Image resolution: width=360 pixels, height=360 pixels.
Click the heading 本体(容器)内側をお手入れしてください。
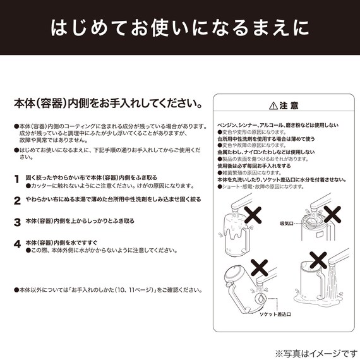coord(108,102)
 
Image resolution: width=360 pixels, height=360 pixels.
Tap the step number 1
coord(17,179)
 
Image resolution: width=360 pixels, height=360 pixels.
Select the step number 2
coord(17,201)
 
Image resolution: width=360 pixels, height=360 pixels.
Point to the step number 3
coord(17,222)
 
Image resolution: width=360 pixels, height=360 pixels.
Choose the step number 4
coord(17,244)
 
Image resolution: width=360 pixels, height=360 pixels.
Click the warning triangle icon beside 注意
coord(272,105)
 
